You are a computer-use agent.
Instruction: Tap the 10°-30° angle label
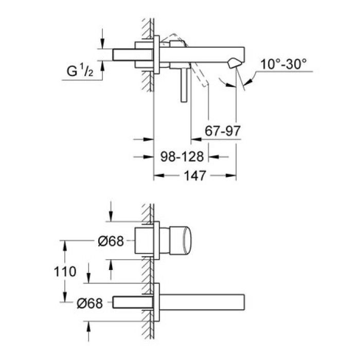pos(283,64)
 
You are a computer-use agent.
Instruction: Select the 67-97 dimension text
pos(223,131)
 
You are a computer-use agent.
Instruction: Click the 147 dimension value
pos(195,176)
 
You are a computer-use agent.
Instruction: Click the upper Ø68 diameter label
pos(110,241)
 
